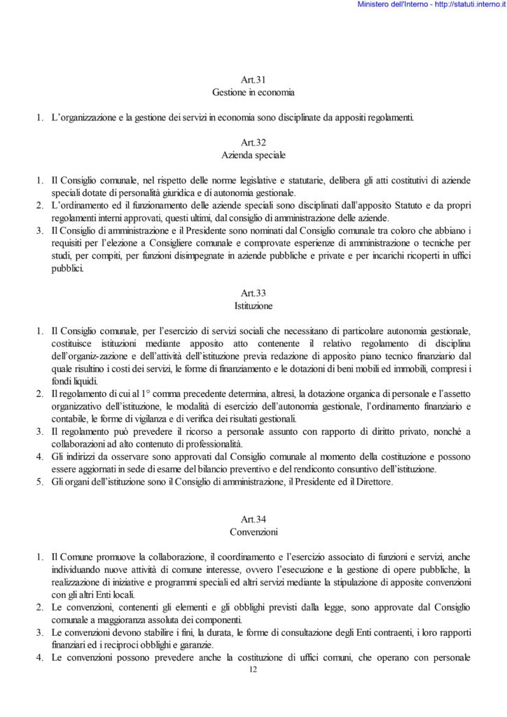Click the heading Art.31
click(x=253, y=81)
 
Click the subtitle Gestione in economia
click(x=253, y=92)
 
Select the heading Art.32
click(x=253, y=142)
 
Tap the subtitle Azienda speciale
click(x=253, y=153)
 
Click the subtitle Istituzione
click(x=253, y=306)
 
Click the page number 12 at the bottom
click(x=253, y=670)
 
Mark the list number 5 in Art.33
click(x=39, y=482)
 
